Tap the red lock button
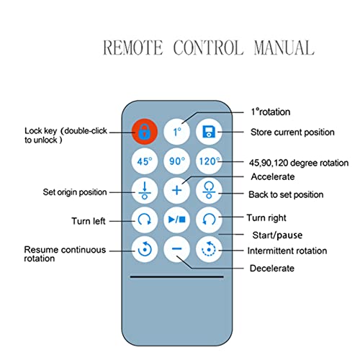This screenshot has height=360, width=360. (x=145, y=132)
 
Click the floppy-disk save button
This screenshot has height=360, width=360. (x=209, y=132)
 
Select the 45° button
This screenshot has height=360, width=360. (x=145, y=161)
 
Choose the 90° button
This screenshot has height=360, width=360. (x=176, y=161)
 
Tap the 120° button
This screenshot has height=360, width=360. (x=209, y=161)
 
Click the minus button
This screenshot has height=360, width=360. (x=176, y=249)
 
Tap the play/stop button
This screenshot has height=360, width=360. (x=176, y=220)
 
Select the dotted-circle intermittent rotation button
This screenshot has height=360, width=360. (x=209, y=249)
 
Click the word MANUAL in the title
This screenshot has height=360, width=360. (x=284, y=48)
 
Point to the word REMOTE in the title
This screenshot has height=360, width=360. (x=132, y=48)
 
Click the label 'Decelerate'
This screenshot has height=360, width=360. (x=272, y=268)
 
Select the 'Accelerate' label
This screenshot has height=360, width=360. (x=273, y=176)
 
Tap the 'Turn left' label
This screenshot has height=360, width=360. (x=89, y=221)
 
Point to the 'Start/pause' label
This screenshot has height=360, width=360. (x=277, y=235)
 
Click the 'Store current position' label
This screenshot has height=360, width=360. (x=292, y=132)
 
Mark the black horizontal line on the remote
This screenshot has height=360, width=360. (x=176, y=276)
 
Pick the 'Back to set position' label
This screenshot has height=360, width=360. (x=286, y=194)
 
